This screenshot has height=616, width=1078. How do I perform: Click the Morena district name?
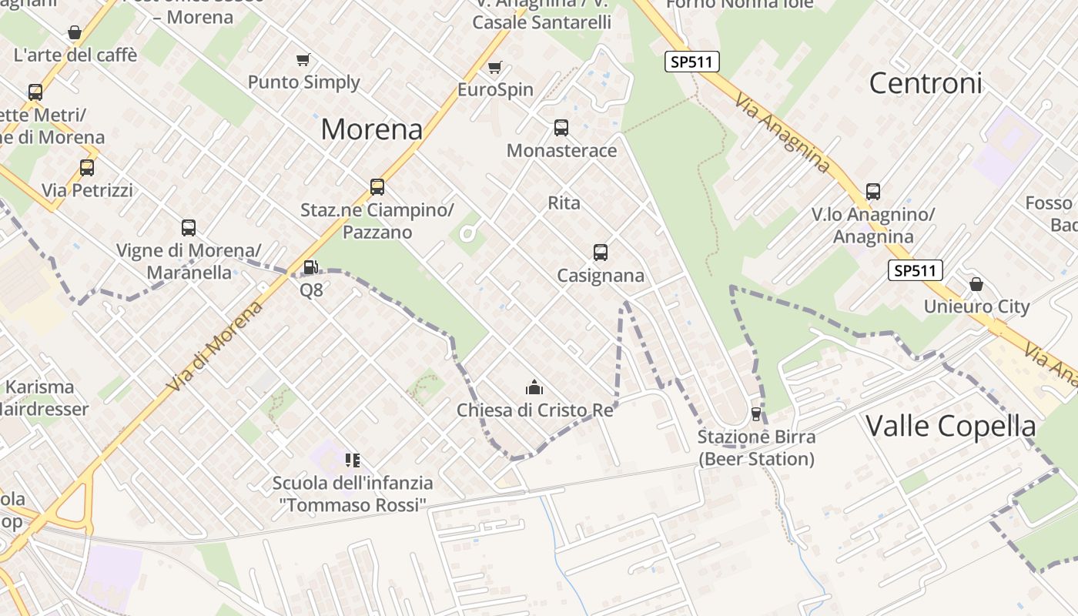pyautogui.click(x=371, y=129)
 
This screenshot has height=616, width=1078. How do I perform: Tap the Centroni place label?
pyautogui.click(x=926, y=83)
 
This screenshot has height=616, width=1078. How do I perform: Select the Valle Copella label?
pyautogui.click(x=950, y=426)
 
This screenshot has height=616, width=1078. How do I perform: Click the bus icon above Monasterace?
pyautogui.click(x=561, y=128)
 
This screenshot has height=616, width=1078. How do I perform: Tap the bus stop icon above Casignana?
pyautogui.click(x=600, y=252)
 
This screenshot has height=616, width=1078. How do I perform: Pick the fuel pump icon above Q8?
pyautogui.click(x=310, y=267)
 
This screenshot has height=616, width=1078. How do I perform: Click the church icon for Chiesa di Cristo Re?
pyautogui.click(x=534, y=387)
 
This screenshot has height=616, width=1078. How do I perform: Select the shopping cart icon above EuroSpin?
pyautogui.click(x=494, y=68)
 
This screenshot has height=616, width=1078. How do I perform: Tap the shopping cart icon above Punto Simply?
pyautogui.click(x=303, y=59)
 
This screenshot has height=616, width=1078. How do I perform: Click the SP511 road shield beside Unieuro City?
pyautogui.click(x=915, y=270)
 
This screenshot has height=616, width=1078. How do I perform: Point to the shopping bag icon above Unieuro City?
pyautogui.click(x=976, y=284)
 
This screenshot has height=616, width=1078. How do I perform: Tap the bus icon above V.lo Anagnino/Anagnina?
pyautogui.click(x=872, y=191)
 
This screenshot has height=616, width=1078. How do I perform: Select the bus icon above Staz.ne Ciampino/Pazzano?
pyautogui.click(x=377, y=186)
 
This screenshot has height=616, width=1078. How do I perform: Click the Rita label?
pyautogui.click(x=564, y=203)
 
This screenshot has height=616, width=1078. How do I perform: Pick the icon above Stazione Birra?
pyautogui.click(x=755, y=414)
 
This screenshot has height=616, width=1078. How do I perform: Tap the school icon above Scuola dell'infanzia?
pyautogui.click(x=353, y=460)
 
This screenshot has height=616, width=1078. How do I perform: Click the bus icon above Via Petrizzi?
pyautogui.click(x=87, y=167)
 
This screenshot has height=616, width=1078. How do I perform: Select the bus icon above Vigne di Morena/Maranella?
pyautogui.click(x=189, y=227)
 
